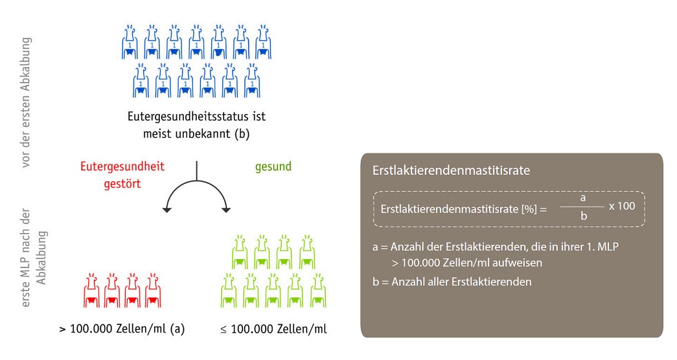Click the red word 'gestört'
click(x=122, y=184)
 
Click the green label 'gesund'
click(x=273, y=166)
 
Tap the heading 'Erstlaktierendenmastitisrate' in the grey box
click(x=451, y=170)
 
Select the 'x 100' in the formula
click(x=622, y=207)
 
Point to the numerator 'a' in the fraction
click(x=583, y=198)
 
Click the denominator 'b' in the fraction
click(x=584, y=216)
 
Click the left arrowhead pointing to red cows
click(x=167, y=210)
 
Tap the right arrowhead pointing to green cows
click(x=226, y=210)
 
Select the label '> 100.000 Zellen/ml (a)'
click(x=122, y=329)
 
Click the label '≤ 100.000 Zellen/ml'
click(x=273, y=329)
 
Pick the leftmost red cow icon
click(x=91, y=290)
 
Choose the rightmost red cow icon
click(x=154, y=290)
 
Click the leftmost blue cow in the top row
click(x=130, y=42)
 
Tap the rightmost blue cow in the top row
click(x=263, y=42)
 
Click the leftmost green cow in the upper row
click(x=240, y=252)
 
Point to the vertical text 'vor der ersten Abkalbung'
click(x=27, y=102)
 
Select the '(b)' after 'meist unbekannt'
click(x=242, y=134)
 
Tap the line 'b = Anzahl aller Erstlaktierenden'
click(x=452, y=282)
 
